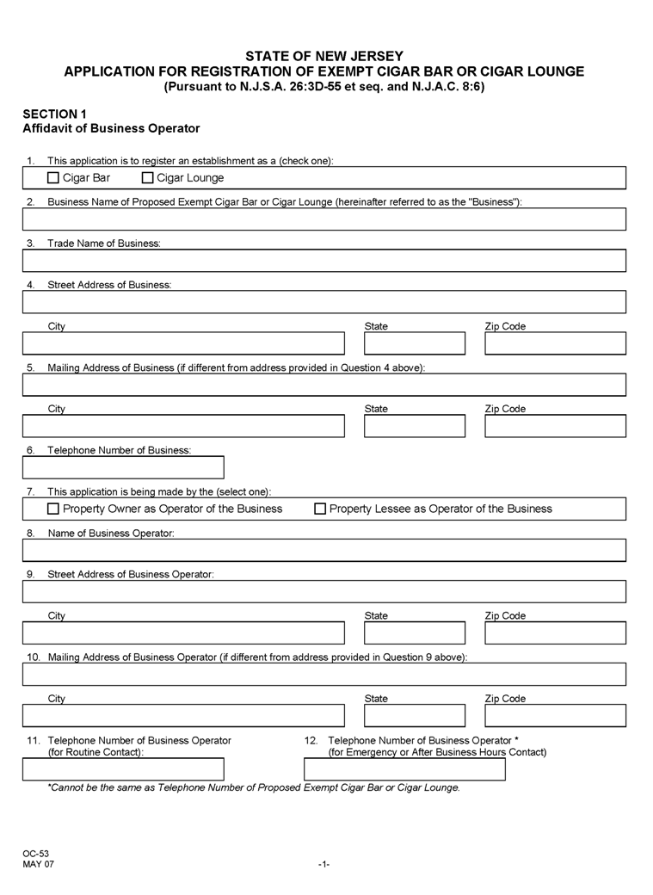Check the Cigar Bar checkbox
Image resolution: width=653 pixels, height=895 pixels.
[53, 178]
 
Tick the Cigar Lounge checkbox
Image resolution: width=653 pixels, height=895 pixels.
[147, 178]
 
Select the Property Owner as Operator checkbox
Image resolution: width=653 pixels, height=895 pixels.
[53, 509]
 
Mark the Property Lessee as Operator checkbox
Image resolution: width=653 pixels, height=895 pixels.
[320, 509]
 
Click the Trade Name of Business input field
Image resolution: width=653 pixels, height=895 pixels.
[323, 261]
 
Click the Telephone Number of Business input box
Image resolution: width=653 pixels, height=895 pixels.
[123, 467]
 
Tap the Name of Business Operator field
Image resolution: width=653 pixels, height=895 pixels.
[323, 550]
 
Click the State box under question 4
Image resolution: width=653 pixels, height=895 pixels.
[415, 343]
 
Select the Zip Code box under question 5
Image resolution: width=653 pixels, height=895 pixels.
[555, 426]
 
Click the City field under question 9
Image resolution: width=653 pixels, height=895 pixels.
[183, 633]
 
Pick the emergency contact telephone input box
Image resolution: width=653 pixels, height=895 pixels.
[404, 769]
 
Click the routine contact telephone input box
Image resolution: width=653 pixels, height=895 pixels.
[123, 769]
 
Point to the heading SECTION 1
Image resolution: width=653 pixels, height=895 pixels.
[54, 114]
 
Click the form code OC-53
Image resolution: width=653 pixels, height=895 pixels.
[35, 853]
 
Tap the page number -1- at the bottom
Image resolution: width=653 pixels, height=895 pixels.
[323, 863]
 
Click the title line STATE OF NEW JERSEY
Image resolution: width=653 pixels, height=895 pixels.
[323, 56]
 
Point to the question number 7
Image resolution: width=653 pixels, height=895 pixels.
[30, 491]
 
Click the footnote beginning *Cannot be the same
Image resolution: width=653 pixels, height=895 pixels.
[254, 787]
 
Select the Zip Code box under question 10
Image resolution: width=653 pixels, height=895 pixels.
[555, 715]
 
